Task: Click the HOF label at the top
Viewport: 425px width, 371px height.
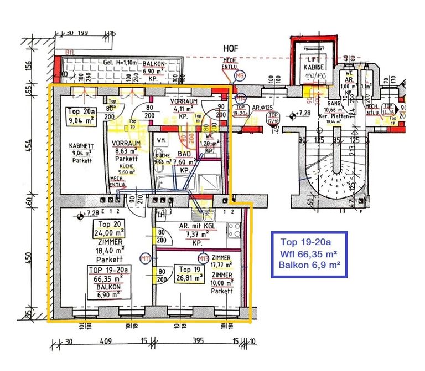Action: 230,49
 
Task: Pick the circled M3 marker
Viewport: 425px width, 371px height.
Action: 240,75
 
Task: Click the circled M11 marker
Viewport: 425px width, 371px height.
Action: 146,257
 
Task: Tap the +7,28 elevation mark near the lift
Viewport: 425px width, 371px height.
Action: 302,114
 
